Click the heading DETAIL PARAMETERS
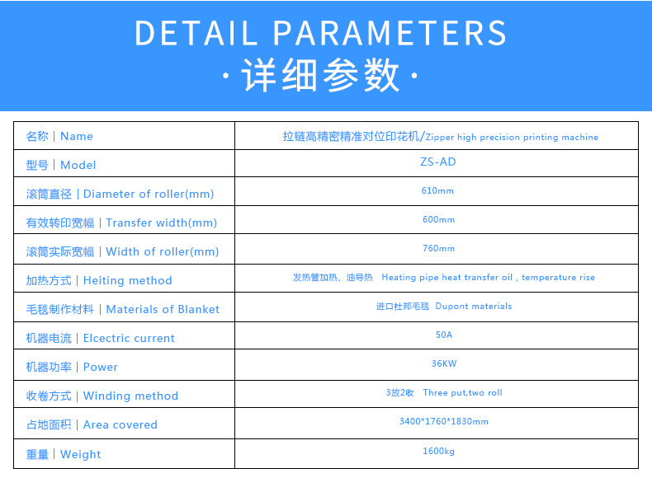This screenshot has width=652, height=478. tap(320, 33)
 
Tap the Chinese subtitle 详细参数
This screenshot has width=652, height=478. tap(320, 77)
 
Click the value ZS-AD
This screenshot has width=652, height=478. tap(437, 162)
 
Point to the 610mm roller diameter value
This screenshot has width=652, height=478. tap(437, 190)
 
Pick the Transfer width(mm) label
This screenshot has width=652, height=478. tap(161, 223)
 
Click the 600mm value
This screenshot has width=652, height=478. tap(438, 219)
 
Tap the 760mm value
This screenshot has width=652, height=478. tap(438, 248)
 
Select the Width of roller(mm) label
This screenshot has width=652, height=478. tap(162, 251)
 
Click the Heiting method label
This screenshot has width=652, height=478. tap(127, 280)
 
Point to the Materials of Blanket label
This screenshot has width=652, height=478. tap(163, 309)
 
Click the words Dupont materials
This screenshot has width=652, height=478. tap(474, 306)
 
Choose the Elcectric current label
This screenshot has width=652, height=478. tap(129, 338)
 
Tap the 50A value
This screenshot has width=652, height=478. tap(444, 335)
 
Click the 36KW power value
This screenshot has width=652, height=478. tap(443, 363)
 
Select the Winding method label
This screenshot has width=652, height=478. tap(130, 396)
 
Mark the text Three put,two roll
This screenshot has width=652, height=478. tap(462, 392)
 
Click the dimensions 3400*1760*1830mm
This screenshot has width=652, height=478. tap(443, 421)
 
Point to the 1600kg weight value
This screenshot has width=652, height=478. tap(438, 451)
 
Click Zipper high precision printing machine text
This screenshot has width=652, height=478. tap(512, 137)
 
